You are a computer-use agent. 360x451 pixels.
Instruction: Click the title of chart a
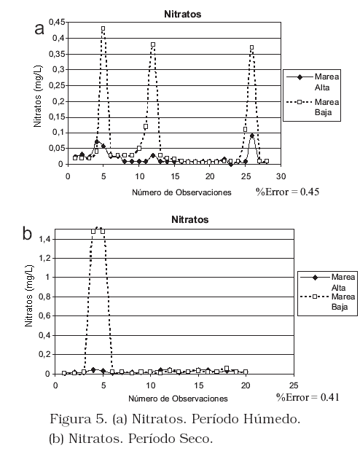(182, 14)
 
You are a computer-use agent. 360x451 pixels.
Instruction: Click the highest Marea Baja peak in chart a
(103, 28)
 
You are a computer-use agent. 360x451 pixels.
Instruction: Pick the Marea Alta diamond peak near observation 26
(252, 136)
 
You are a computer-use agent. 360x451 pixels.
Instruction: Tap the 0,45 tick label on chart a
(57, 22)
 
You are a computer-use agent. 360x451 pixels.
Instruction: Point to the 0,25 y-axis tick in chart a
(57, 85)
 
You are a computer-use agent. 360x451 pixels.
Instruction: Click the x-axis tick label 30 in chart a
(281, 176)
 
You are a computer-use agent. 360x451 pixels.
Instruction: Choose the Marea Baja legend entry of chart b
(327, 302)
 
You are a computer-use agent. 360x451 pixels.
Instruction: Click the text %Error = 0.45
(287, 192)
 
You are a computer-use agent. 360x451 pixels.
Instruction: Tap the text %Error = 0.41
(308, 397)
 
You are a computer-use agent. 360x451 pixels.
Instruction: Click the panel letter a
(39, 29)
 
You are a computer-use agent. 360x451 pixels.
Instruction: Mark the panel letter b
(27, 233)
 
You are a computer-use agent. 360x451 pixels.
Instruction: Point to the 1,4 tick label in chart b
(45, 239)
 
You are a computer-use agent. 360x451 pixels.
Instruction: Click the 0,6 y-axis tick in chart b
(45, 316)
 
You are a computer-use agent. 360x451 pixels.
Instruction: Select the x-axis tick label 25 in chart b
(294, 385)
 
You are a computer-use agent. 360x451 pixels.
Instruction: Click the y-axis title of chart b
(29, 296)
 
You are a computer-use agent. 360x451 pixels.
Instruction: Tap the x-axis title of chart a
(181, 192)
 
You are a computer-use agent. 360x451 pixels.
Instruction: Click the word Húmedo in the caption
(272, 419)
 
